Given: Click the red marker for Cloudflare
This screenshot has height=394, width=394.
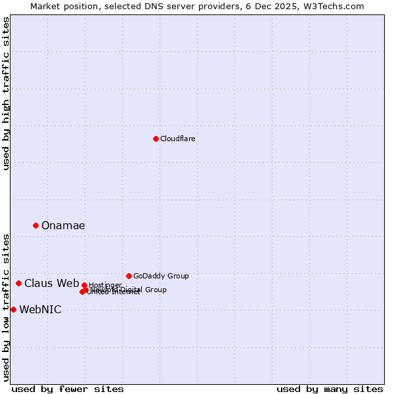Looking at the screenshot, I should click(156, 139).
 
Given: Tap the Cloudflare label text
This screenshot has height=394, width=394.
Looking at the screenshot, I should click(177, 139).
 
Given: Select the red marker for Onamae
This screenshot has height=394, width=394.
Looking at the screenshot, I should click(35, 225).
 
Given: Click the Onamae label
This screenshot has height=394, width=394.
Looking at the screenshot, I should click(63, 225).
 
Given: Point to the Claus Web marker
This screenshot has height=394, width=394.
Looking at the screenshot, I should click(18, 283).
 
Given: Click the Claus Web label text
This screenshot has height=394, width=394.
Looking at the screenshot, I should click(51, 283).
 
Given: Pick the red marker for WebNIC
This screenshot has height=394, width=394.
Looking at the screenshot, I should click(13, 309).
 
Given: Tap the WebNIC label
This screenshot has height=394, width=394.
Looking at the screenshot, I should click(40, 310).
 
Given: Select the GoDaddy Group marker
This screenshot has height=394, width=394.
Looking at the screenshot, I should click(129, 276).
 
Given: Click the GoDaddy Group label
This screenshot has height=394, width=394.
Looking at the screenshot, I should click(161, 276).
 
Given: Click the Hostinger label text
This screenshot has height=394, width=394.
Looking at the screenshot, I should click(105, 285).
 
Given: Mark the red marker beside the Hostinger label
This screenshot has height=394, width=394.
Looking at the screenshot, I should click(84, 285).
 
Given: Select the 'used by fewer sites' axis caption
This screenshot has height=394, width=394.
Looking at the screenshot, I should click(68, 389).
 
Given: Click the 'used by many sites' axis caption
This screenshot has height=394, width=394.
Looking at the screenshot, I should click(330, 389).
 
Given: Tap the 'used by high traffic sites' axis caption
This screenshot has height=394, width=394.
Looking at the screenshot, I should click(6, 93).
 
